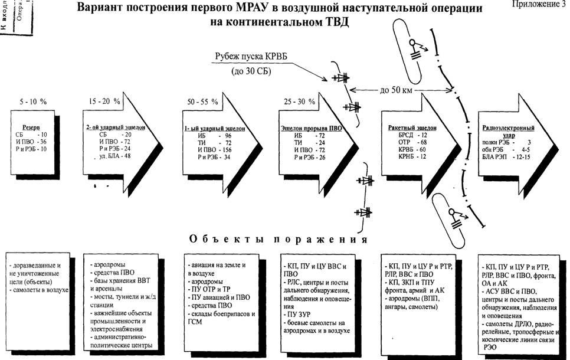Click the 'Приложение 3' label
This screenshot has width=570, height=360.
pyautogui.click(x=538, y=5)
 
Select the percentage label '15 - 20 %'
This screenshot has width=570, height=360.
pyautogui.click(x=104, y=101)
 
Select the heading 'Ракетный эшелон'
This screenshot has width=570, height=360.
pyautogui.click(x=404, y=127)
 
